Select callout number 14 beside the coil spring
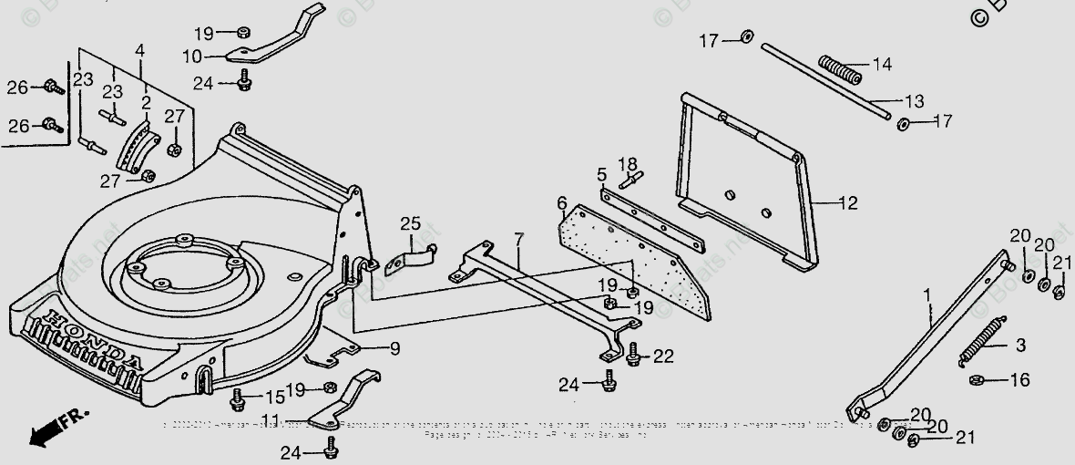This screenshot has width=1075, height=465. (882, 65)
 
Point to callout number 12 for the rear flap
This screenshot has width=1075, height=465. (847, 203)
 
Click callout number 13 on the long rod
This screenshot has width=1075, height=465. (913, 99)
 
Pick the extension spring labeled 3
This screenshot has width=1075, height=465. (980, 338)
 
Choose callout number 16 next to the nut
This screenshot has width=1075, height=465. (1019, 379)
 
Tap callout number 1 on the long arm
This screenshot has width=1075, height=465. (927, 295)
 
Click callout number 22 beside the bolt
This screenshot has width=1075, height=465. (663, 356)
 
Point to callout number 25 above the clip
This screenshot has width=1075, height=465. (410, 223)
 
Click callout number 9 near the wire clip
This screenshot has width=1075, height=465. (394, 347)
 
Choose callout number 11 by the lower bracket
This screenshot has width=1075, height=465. (269, 421)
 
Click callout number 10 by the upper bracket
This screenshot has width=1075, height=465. (192, 57)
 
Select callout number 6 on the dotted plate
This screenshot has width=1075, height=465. (562, 202)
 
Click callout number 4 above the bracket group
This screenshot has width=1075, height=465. (139, 49)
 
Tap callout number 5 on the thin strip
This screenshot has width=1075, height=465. (602, 173)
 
